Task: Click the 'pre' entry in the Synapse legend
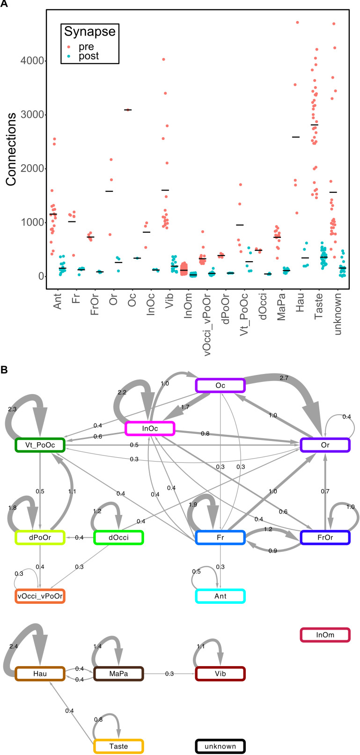[86, 47]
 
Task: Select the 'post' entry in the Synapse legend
[88, 56]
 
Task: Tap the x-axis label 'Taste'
[319, 304]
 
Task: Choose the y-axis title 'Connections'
[11, 149]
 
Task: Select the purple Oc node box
[220, 385]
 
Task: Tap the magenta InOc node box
[150, 428]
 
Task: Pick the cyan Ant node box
[220, 596]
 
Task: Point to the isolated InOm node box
[325, 635]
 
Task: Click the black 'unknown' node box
[220, 746]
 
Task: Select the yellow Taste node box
[118, 746]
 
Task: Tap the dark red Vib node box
[220, 674]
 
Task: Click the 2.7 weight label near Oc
[284, 378]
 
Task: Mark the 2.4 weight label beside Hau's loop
[13, 646]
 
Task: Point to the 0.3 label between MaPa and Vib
[169, 674]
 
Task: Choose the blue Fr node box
[220, 538]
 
